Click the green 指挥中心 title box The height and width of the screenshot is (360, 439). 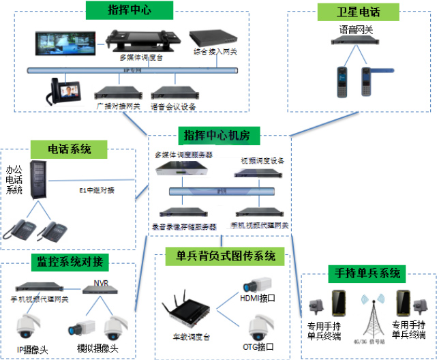click(130, 10)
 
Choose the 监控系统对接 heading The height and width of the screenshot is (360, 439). click(70, 262)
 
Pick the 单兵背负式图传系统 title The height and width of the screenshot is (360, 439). click(226, 256)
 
